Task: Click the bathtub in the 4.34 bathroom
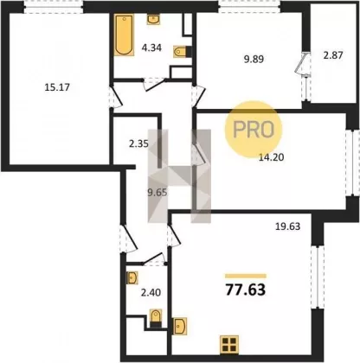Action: (x=125, y=35)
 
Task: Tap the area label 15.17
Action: (x=57, y=87)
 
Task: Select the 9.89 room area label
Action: (x=254, y=60)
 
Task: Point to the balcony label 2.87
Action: (x=333, y=55)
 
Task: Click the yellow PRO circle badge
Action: (x=254, y=130)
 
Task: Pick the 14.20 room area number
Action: (x=272, y=157)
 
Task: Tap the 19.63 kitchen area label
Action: (x=287, y=226)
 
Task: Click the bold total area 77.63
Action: (x=246, y=290)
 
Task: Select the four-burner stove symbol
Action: (x=229, y=345)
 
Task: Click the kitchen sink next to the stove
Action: (x=180, y=326)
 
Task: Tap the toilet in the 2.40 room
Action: (x=156, y=318)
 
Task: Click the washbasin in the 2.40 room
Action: (x=132, y=277)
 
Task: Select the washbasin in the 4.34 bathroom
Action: (x=153, y=20)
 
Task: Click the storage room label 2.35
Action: (x=138, y=143)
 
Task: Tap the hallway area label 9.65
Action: (x=157, y=193)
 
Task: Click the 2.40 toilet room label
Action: (x=151, y=293)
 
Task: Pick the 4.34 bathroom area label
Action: (x=151, y=48)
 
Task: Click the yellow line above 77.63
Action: (x=246, y=276)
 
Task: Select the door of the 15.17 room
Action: (x=116, y=97)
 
